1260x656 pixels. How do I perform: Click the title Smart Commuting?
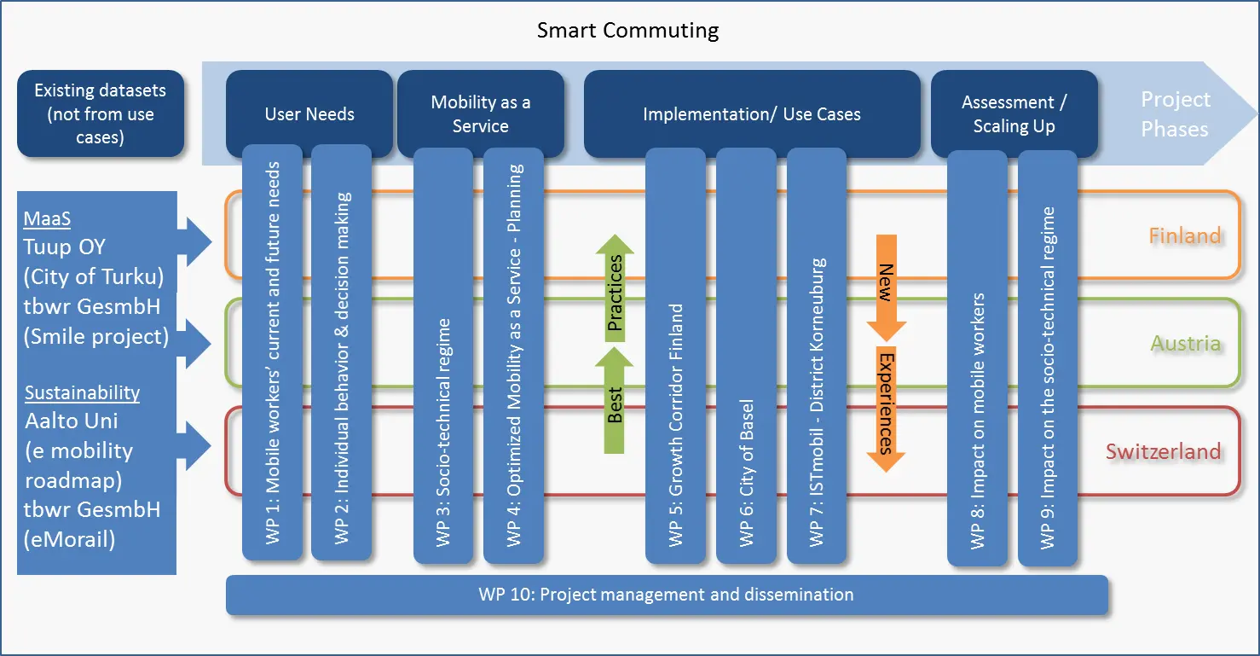(627, 31)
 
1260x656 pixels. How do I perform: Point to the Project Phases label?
(1175, 114)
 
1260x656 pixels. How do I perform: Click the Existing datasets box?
(101, 113)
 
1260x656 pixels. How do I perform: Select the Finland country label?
(1185, 235)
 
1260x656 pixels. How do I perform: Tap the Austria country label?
(1186, 343)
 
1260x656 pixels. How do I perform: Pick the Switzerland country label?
(1164, 451)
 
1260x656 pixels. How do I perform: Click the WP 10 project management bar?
(667, 595)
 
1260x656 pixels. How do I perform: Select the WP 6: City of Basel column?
(747, 356)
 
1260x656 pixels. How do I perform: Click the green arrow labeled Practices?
(615, 287)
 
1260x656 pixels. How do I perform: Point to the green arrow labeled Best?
(615, 400)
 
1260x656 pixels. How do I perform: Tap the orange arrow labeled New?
(886, 287)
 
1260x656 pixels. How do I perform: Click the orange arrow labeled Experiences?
(886, 409)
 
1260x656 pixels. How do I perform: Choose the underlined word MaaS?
(47, 218)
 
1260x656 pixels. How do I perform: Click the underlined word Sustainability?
(82, 392)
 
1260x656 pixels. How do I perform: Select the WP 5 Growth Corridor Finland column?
(675, 356)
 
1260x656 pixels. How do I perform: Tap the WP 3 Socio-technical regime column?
(443, 356)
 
